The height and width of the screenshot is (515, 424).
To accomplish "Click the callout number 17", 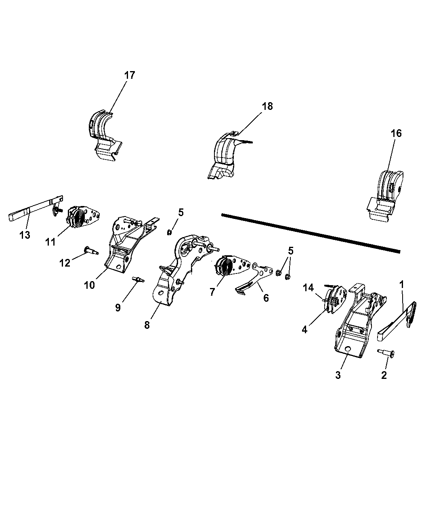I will click(130, 75).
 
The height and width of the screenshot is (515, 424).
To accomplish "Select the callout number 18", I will click(267, 106).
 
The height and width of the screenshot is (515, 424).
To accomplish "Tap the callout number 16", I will click(396, 133).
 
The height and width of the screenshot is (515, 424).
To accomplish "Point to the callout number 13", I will click(25, 235).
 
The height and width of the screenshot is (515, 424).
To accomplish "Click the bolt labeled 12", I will click(91, 251).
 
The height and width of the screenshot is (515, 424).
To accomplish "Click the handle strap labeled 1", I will click(398, 323).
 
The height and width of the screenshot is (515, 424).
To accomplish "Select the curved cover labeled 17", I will click(103, 131).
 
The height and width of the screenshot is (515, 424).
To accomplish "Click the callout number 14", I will click(309, 288).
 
